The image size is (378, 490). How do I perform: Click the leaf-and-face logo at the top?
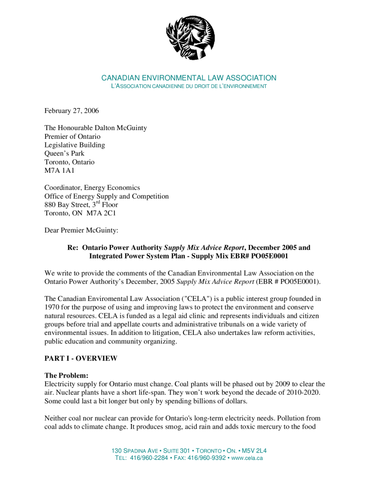pos(190,37)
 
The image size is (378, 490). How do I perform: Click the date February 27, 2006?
pos(72,111)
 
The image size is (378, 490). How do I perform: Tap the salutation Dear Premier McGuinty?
pos(81,230)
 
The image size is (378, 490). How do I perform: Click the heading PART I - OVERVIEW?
pos(81,358)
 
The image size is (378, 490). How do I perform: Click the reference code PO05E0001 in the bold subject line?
pos(270,256)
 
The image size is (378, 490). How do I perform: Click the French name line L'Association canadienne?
pos(189,86)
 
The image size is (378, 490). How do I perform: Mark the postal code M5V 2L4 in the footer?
pos(255,451)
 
